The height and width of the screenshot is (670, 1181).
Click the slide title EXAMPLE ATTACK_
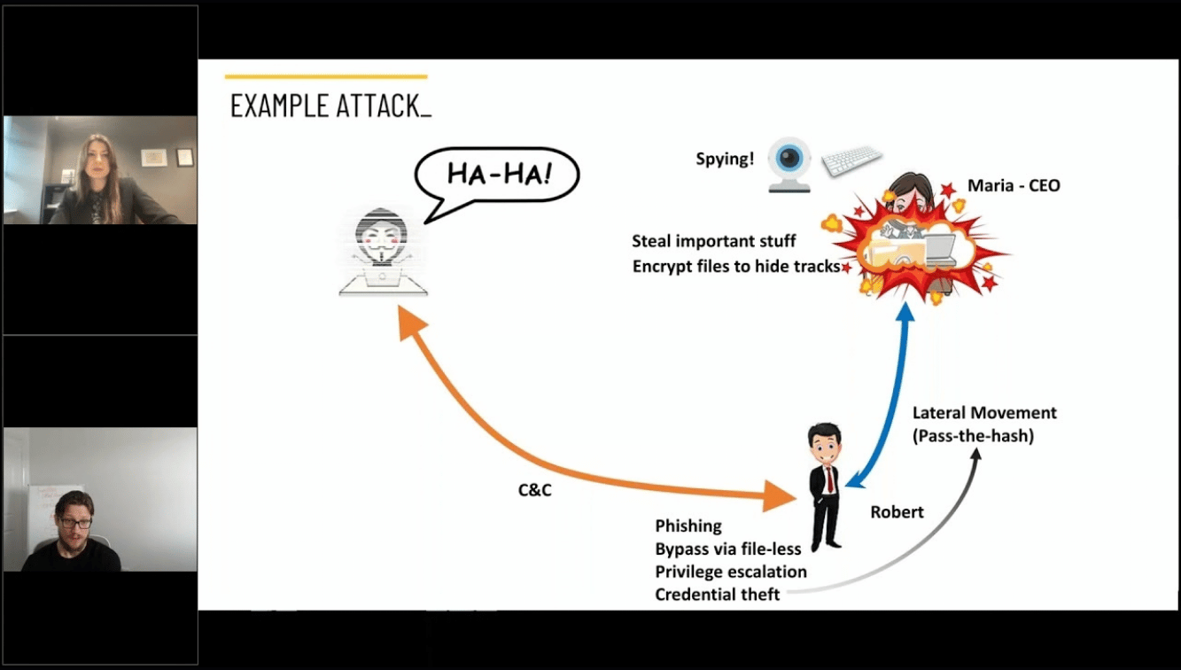pos(330,105)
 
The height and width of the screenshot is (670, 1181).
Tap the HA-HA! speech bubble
pos(498,173)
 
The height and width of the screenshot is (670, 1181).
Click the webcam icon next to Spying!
pos(789,163)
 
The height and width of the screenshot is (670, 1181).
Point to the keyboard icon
pos(851,160)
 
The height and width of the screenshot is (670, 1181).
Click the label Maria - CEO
pos(1014,186)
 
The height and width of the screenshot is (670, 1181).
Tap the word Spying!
pos(725,160)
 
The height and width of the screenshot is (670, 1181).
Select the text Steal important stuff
pos(714,241)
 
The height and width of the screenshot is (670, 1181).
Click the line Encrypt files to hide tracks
pos(735,266)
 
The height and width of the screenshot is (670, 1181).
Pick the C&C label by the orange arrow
pos(535,489)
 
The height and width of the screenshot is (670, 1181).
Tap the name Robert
pos(897,512)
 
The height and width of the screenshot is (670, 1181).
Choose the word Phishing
pos(688,526)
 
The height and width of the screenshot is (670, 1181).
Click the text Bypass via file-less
pos(728,549)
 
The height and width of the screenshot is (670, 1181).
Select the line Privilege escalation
pos(731,572)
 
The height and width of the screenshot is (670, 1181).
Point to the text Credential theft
pos(718,595)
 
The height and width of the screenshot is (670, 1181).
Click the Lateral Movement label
pos(984,413)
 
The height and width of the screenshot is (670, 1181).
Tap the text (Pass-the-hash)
pos(973,436)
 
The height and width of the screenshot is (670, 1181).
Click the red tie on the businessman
pos(829,479)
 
